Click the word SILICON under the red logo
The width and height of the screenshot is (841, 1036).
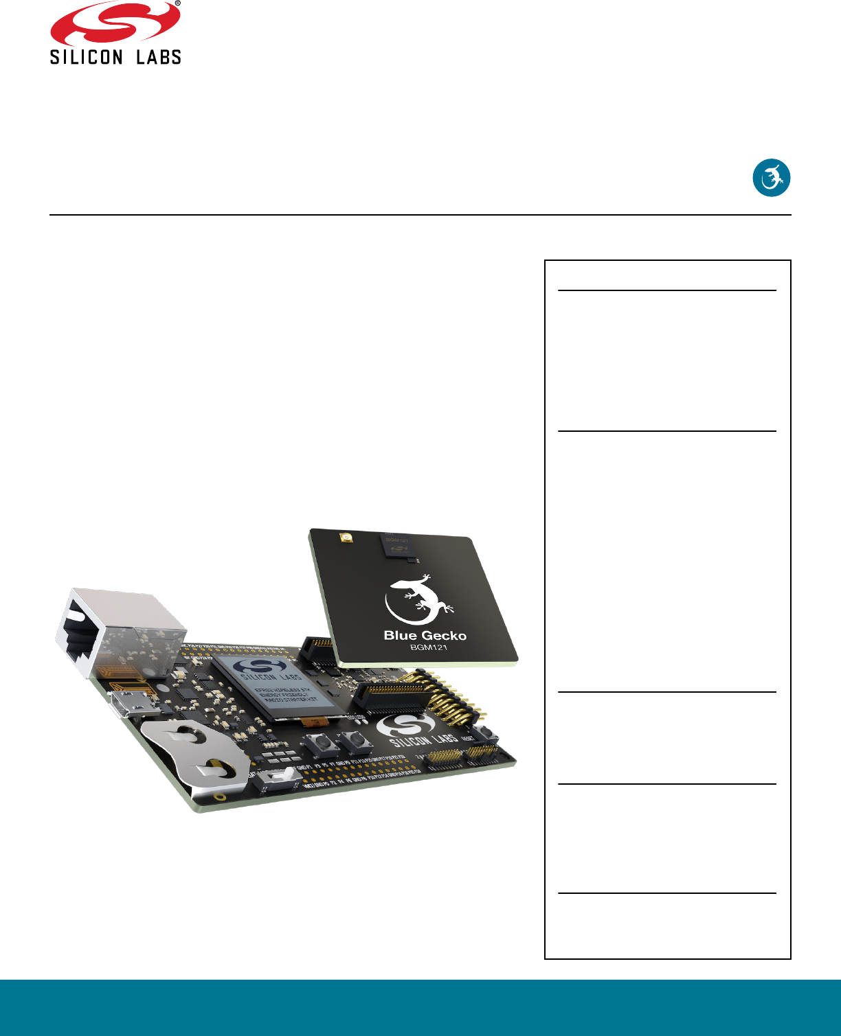[86, 57]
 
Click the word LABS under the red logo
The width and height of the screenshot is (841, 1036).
[159, 57]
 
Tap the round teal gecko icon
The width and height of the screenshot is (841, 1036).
[772, 178]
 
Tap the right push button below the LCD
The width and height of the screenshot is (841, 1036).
[354, 740]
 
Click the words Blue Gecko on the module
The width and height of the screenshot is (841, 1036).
[425, 636]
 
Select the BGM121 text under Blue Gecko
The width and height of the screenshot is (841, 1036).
[428, 647]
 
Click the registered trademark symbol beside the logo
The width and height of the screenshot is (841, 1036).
[177, 3]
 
